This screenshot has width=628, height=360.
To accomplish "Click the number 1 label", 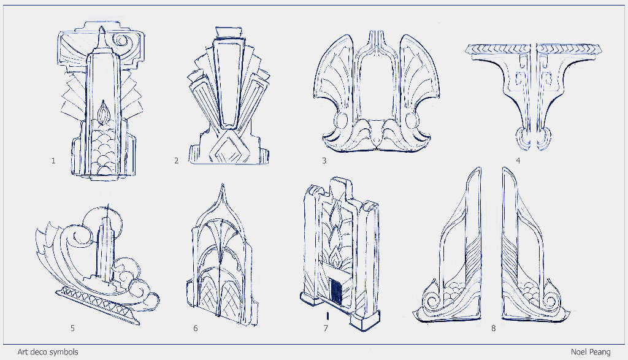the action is click(x=53, y=161).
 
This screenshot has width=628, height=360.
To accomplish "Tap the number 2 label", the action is click(x=176, y=161).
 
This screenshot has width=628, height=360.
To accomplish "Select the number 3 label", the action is click(x=324, y=161).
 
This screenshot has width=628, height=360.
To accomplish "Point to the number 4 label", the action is click(x=518, y=161).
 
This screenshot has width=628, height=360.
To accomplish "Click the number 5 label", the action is click(x=72, y=328).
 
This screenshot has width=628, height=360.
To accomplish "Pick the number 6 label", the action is click(x=196, y=328).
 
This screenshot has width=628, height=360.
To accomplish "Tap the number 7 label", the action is click(x=326, y=328).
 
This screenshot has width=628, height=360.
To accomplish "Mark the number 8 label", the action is click(x=494, y=328).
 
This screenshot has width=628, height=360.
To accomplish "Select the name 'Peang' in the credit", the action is click(x=600, y=352).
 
